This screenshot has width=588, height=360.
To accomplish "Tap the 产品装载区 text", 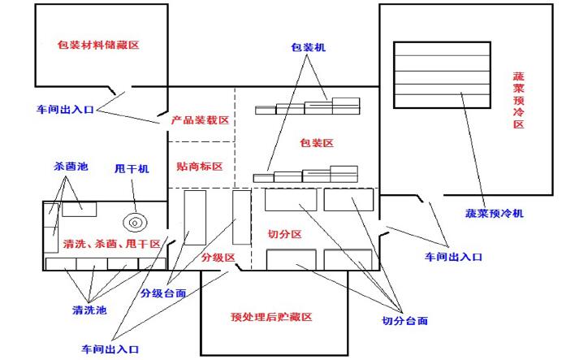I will tap(200, 119).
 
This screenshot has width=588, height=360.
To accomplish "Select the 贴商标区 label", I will tap(199, 166).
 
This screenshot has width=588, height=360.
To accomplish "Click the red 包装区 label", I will tap(318, 143).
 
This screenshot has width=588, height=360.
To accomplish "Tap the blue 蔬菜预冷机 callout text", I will tap(495, 213).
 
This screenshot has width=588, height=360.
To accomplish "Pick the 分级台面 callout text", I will tap(163, 293).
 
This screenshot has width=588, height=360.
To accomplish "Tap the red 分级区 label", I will tap(218, 258).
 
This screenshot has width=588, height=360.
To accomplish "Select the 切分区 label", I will tap(285, 234).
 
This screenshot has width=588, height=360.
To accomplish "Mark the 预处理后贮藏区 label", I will tap(272, 317).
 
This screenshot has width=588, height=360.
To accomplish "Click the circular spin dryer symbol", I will tap(134, 220).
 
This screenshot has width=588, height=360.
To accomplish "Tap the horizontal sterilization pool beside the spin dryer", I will tap(80, 208).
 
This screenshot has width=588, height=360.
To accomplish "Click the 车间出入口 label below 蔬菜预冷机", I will tap(454, 256).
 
